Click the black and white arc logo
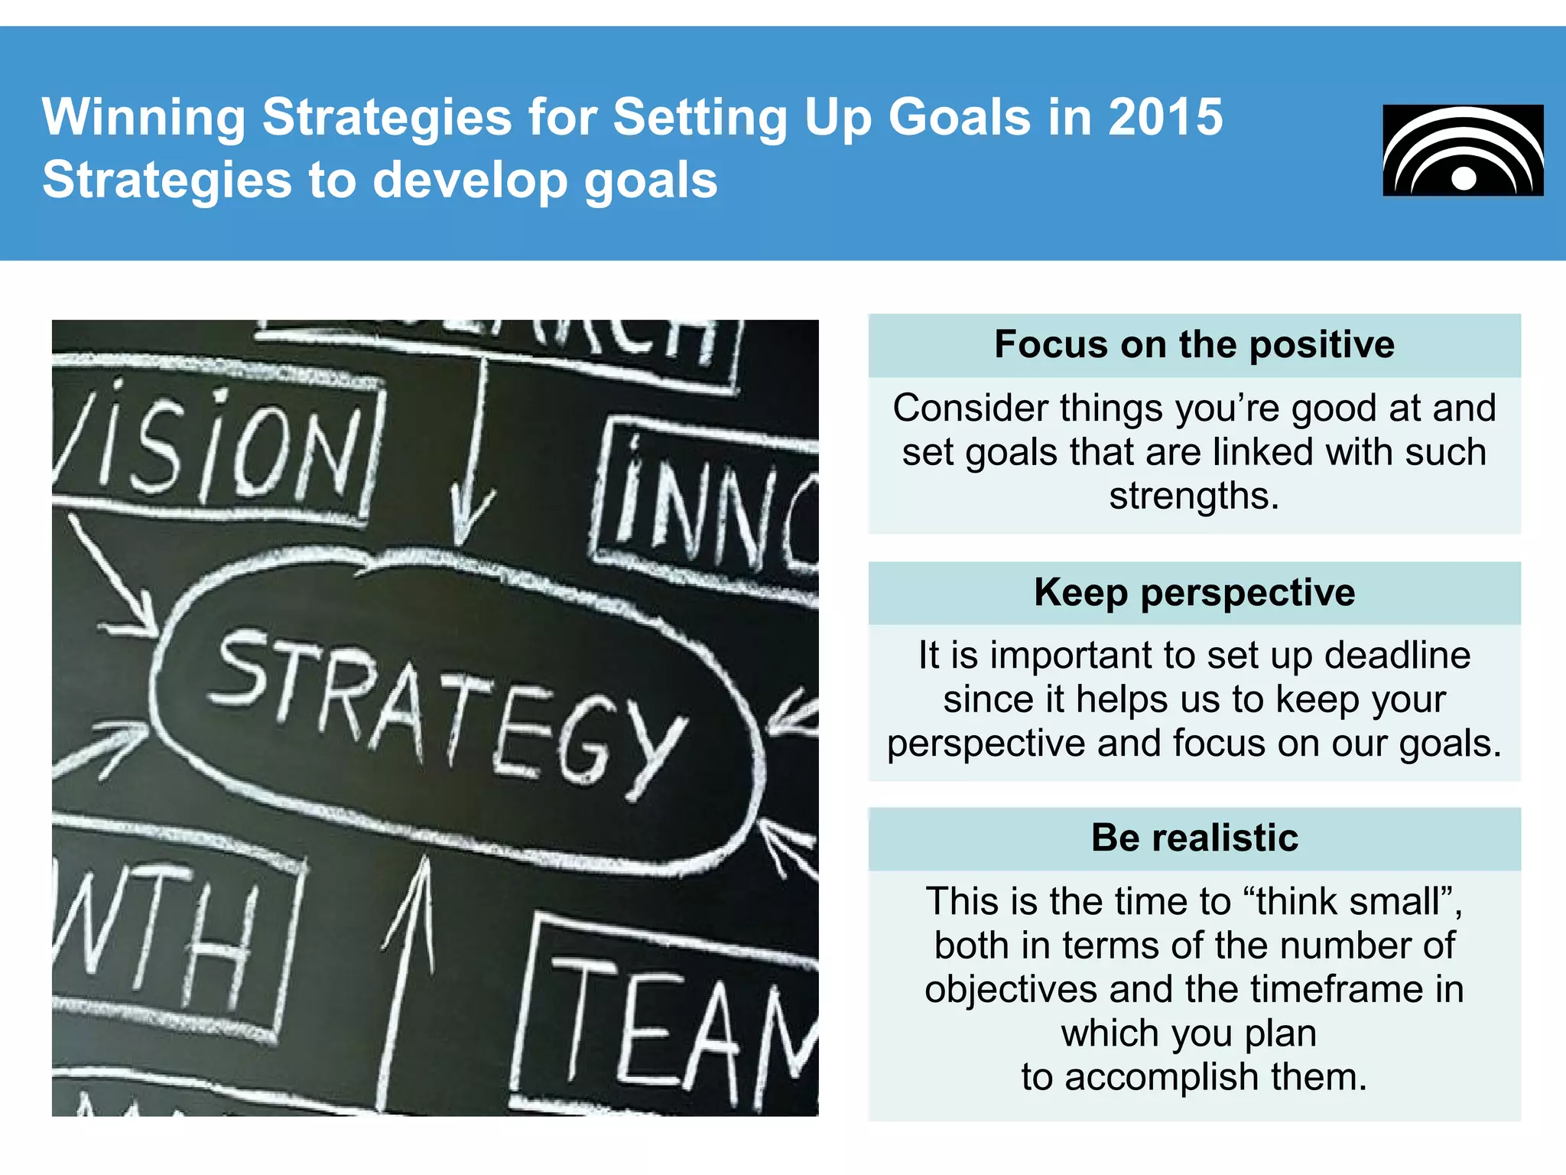point(1463,151)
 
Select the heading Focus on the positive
point(1194,344)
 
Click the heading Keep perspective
point(1194,592)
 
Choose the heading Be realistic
point(1194,838)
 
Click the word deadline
point(1397,656)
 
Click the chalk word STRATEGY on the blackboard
point(447,711)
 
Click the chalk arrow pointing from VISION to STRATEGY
point(115,578)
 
